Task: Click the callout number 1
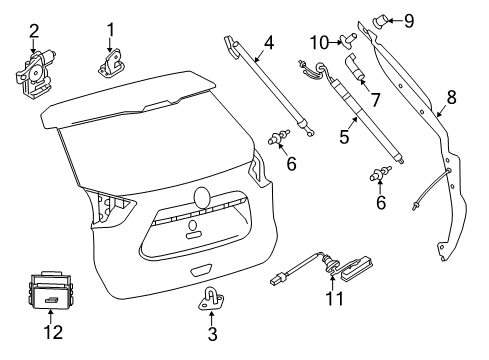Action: [111, 29]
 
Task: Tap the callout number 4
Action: [268, 42]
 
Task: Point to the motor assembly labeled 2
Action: [33, 71]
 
